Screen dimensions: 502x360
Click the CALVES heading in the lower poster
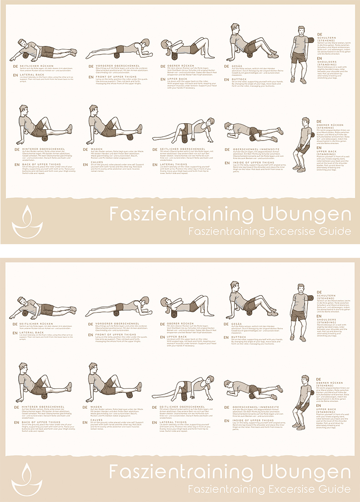(97, 420)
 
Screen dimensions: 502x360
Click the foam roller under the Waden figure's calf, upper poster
(109, 135)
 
